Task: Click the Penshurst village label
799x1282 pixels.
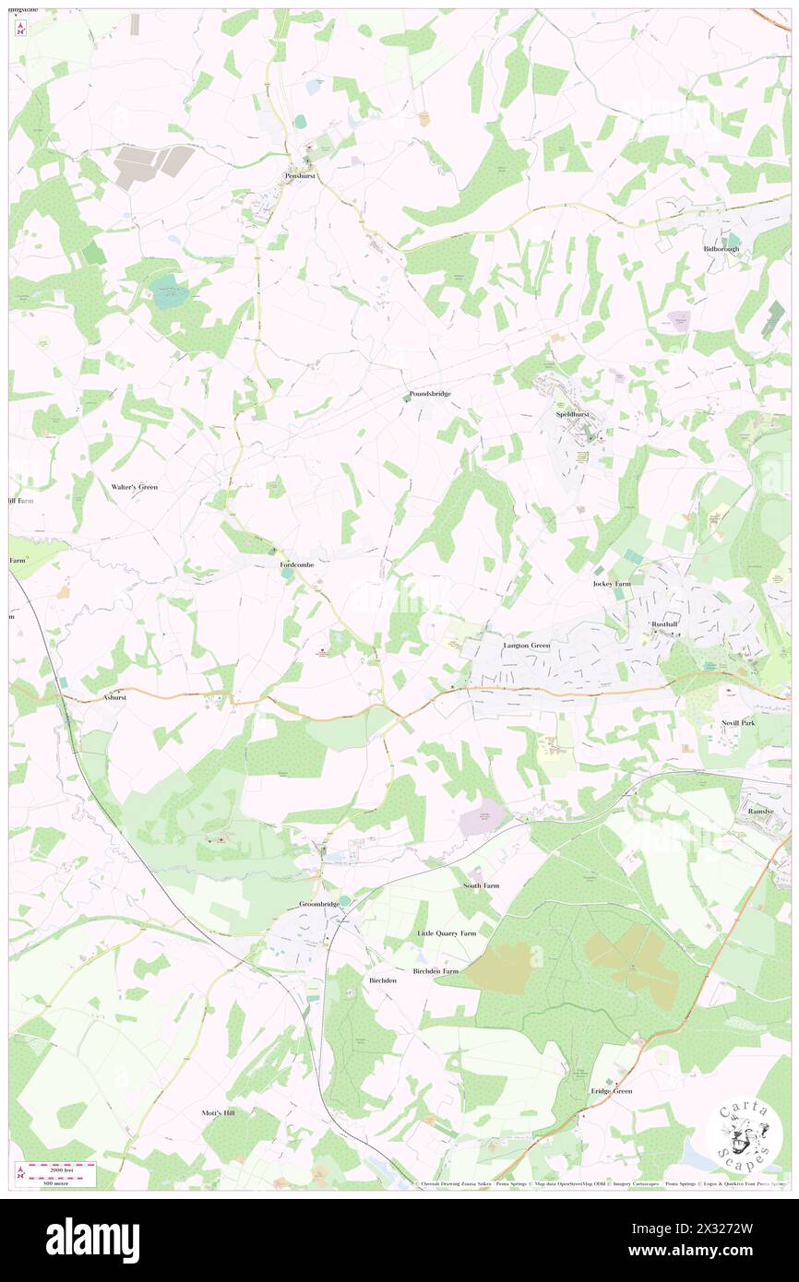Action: [301, 175]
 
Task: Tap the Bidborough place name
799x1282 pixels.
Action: [721, 249]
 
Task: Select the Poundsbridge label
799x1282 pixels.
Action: [430, 394]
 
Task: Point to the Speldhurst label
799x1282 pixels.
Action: [572, 415]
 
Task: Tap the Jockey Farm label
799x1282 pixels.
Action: [612, 584]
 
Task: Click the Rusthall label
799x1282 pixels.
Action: [664, 624]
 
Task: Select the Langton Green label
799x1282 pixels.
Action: [527, 646]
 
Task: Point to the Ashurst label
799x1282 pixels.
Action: [115, 698]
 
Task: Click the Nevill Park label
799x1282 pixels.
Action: [739, 723]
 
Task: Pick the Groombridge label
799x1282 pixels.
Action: [319, 904]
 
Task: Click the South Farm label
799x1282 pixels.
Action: [481, 885]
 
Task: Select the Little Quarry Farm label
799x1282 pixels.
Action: [447, 933]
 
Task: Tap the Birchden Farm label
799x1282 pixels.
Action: [435, 971]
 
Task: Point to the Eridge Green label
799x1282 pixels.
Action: [612, 1091]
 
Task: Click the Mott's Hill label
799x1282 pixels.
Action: [219, 1113]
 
